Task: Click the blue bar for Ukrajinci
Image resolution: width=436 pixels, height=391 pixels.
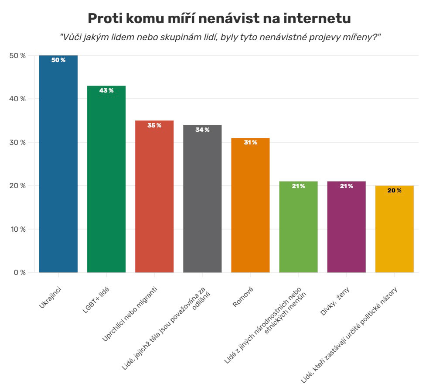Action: pos(58,164)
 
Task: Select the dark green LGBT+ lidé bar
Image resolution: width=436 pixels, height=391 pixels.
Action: pos(106,179)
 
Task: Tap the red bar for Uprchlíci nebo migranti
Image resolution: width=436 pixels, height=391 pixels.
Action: pos(154,196)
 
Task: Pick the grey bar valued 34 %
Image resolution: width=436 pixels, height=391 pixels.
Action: pos(202,199)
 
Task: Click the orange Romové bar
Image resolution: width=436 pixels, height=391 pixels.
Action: pos(251,205)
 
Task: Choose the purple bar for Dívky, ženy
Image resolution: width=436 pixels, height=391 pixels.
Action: pos(347,227)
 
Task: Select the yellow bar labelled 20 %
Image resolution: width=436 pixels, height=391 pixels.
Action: pos(395,229)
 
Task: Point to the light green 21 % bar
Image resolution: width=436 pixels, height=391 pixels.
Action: pos(298,227)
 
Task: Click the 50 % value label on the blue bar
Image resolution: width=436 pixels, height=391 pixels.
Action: pos(58,60)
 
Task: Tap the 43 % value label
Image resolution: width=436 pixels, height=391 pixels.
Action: pos(106,90)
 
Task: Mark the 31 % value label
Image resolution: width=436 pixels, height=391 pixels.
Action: pos(251,143)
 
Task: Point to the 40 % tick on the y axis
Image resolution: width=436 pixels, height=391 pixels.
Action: pos(17,99)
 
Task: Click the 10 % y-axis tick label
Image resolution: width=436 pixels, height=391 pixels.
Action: pos(18,229)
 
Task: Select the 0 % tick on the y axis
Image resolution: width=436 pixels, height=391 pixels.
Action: pos(20,273)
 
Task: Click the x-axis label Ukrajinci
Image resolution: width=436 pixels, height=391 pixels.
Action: pos(50,298)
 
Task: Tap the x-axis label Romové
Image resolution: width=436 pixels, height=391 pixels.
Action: pos(243,297)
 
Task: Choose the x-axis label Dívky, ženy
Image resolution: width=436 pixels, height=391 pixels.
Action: pos(335,301)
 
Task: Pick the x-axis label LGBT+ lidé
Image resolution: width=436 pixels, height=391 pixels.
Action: pos(96,300)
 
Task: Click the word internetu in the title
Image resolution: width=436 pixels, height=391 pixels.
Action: pos(317,18)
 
